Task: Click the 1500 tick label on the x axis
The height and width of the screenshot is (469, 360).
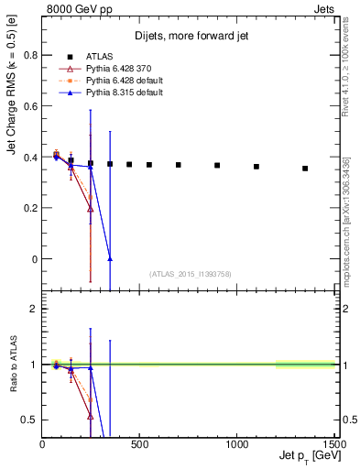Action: [x=334, y=444]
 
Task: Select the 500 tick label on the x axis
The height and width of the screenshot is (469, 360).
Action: [x=139, y=444]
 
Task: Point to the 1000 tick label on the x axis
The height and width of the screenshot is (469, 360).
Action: [x=237, y=444]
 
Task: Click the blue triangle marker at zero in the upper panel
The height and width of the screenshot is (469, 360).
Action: [x=110, y=259]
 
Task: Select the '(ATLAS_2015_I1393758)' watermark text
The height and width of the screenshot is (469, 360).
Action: [x=190, y=273]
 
